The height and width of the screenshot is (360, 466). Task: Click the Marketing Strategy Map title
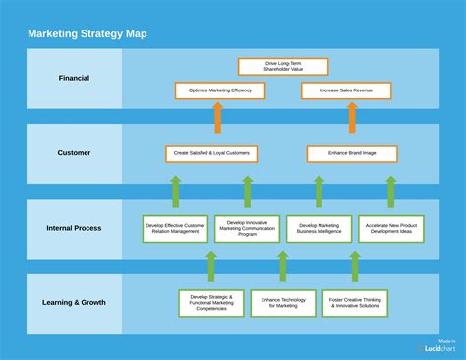(x=87, y=32)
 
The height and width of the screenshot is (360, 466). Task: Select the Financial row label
(x=74, y=78)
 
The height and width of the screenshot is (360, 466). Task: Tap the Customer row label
(x=74, y=152)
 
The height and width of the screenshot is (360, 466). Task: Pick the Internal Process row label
(x=74, y=228)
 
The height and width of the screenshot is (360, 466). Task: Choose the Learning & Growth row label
(x=74, y=303)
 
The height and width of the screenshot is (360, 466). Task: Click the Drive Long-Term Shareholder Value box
(x=283, y=66)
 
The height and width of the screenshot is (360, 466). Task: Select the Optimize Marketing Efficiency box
(x=220, y=90)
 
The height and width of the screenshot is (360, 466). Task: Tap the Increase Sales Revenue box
(x=346, y=90)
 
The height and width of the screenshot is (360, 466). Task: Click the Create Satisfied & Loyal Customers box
(x=211, y=153)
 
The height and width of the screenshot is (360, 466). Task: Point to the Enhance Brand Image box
(x=352, y=153)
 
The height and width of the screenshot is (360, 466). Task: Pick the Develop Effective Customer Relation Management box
(x=175, y=229)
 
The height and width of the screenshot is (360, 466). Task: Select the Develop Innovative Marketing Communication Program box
(x=247, y=229)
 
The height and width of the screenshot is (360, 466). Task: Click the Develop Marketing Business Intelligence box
(x=319, y=229)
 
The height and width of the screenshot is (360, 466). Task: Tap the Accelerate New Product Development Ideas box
(x=390, y=229)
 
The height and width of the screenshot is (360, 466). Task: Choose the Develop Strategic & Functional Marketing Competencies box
(x=211, y=303)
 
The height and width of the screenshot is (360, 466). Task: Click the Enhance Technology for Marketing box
(x=283, y=303)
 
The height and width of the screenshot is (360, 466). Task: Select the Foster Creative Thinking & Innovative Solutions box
(x=354, y=303)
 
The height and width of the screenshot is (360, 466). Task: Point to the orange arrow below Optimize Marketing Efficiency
(x=218, y=118)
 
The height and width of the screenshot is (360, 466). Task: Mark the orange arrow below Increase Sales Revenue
(x=352, y=118)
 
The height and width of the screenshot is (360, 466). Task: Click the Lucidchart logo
(x=436, y=347)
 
